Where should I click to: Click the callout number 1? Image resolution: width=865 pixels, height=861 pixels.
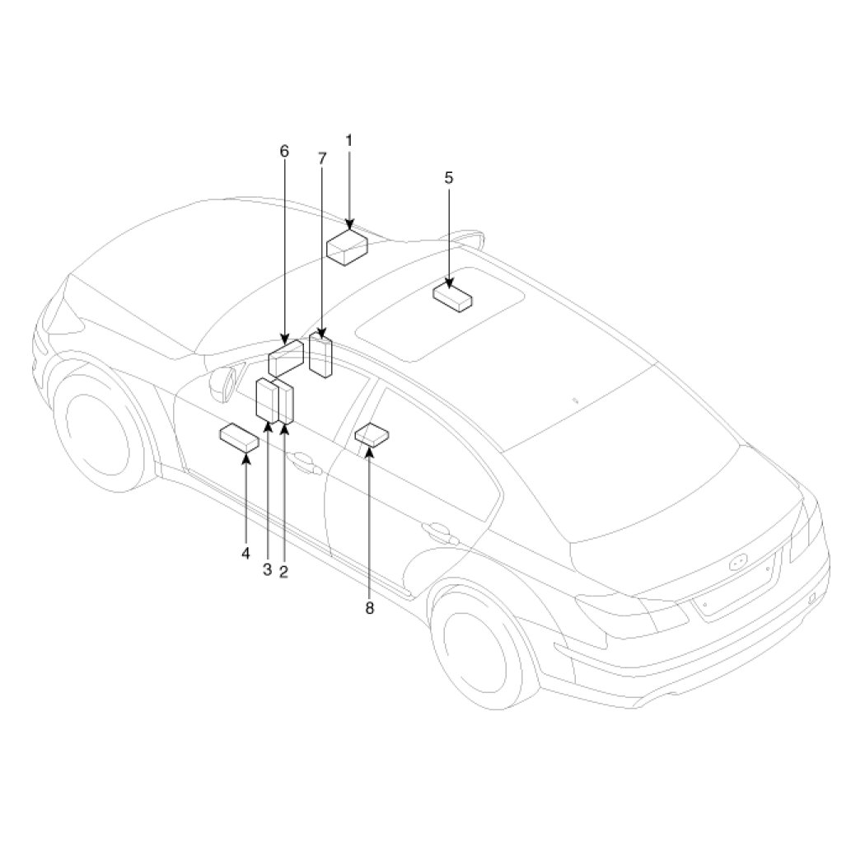(348, 141)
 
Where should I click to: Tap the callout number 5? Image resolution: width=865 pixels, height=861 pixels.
(448, 178)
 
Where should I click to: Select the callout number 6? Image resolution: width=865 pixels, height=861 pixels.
(284, 151)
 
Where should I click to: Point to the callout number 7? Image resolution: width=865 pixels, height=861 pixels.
(322, 159)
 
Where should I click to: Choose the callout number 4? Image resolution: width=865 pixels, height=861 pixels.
(245, 553)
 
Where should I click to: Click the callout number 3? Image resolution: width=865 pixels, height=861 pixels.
(268, 570)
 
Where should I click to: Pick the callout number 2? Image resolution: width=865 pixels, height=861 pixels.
(284, 572)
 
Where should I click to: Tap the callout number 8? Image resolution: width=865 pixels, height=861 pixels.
(369, 608)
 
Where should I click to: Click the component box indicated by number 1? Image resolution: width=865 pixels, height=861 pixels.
(347, 247)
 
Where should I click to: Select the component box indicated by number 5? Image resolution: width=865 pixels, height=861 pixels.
(452, 297)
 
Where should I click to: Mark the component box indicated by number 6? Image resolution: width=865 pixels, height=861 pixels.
(286, 358)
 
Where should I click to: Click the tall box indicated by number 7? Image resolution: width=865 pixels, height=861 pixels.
(320, 355)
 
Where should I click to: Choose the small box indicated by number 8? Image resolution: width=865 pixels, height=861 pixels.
(372, 433)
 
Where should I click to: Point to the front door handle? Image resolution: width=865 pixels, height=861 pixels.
(302, 462)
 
